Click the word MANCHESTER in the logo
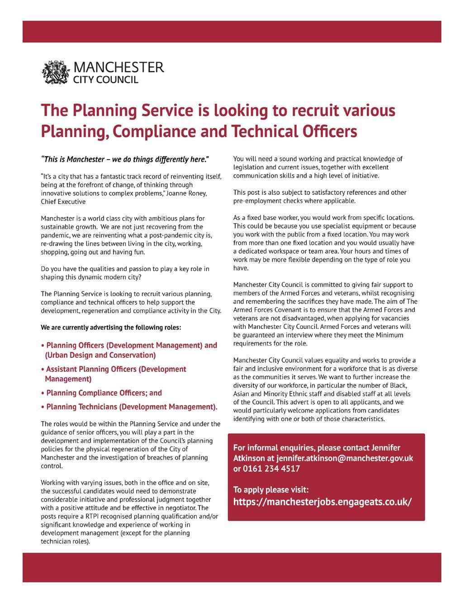[118, 68]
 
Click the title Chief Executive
[63, 202]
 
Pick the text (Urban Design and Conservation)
[100, 355]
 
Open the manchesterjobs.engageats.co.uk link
[323, 502]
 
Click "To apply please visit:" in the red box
[271, 489]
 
